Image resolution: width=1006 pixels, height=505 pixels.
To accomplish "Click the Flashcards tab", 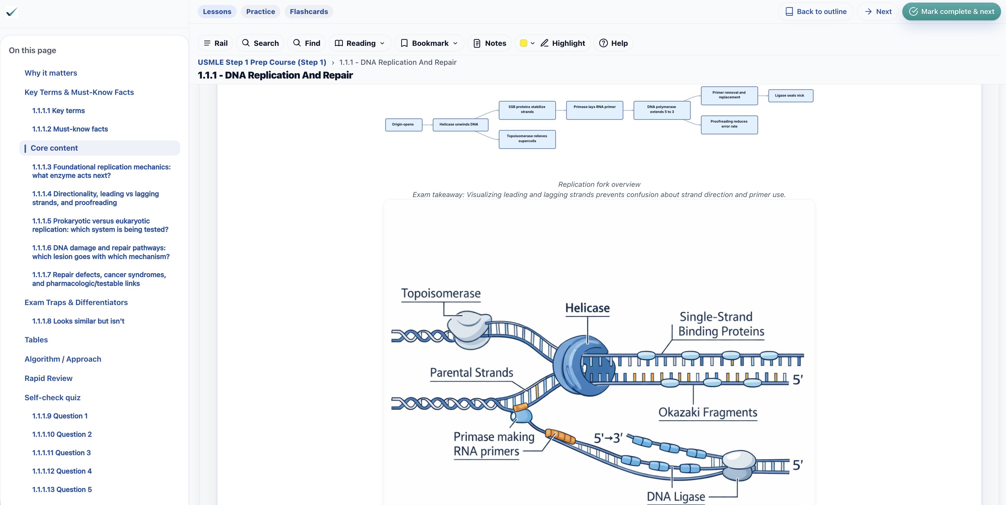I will (308, 12).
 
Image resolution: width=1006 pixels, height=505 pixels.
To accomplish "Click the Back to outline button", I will (816, 12).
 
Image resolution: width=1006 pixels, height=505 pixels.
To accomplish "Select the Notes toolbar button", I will (490, 43).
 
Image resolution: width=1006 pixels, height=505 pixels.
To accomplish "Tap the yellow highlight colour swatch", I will (524, 43).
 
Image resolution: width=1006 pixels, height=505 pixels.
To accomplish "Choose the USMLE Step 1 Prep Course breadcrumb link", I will (262, 62).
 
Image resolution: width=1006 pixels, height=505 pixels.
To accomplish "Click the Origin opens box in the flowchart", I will (403, 124).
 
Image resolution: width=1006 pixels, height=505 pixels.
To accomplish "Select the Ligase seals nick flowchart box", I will (790, 96).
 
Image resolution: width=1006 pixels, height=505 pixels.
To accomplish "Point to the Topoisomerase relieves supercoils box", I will (527, 139).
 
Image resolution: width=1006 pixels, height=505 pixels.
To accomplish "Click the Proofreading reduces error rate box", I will (729, 124).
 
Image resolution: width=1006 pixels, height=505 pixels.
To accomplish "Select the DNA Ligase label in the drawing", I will (676, 497).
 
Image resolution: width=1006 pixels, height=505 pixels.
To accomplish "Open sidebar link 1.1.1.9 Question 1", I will (60, 416).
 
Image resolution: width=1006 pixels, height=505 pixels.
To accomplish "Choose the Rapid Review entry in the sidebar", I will (48, 378).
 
